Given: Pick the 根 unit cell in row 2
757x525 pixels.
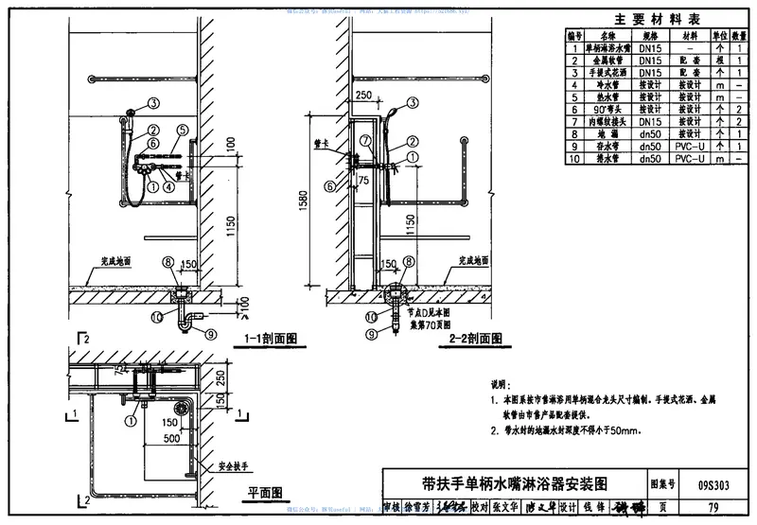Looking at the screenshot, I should click(x=721, y=60).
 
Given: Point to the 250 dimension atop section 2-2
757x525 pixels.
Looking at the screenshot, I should click(x=362, y=96).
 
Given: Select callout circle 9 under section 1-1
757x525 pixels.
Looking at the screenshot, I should click(x=210, y=332).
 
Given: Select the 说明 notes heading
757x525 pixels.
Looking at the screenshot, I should click(x=500, y=385).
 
